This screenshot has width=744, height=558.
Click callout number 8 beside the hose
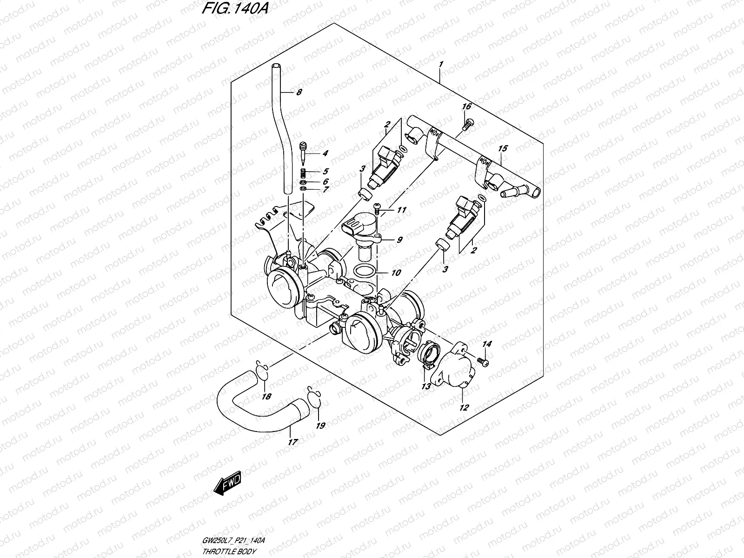(x=299, y=93)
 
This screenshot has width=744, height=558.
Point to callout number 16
(x=466, y=107)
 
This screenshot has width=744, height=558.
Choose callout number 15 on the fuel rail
(x=503, y=149)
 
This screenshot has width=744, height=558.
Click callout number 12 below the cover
(x=464, y=408)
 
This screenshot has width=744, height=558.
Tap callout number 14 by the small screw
(x=486, y=344)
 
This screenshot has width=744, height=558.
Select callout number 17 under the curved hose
(x=292, y=442)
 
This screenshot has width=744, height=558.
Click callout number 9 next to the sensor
(x=399, y=240)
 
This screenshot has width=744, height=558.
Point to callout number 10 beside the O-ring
(x=396, y=273)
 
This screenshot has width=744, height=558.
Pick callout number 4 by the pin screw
(x=325, y=153)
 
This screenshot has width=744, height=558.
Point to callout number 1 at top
(x=441, y=64)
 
